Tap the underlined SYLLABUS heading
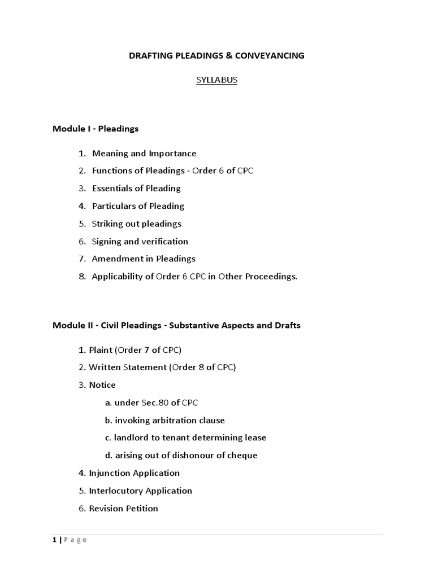[x=216, y=80]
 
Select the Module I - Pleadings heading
[x=96, y=129]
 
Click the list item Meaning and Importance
[x=144, y=153]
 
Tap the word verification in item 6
[x=166, y=241]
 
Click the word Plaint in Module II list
[x=101, y=349]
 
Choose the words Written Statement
[x=127, y=367]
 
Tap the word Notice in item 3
[x=102, y=385]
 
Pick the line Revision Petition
[x=123, y=508]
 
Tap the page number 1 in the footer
[x=54, y=540]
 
